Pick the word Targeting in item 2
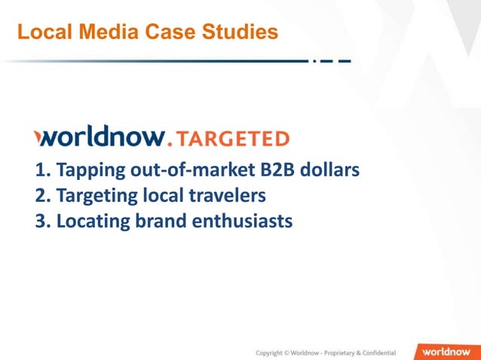coord(97,196)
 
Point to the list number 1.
coord(41,170)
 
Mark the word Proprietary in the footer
coord(336,352)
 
